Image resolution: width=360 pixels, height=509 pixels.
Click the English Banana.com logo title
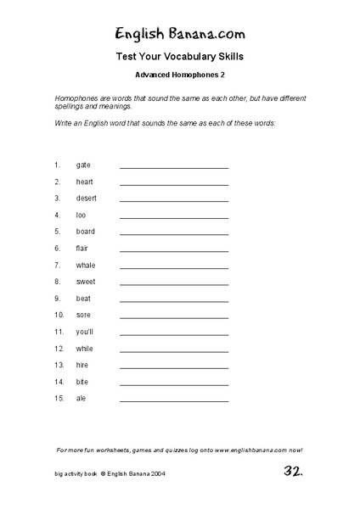pos(180,34)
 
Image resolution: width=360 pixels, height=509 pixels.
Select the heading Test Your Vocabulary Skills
pos(180,59)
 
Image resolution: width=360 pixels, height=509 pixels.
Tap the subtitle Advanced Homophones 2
pos(180,76)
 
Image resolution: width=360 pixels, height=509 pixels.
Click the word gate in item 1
pos(83,165)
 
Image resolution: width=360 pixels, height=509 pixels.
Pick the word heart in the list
pos(84,182)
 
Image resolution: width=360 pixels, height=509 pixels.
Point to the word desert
pos(87,199)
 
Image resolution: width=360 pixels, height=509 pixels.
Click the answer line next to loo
pos(174,218)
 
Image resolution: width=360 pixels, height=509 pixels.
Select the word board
pos(86,232)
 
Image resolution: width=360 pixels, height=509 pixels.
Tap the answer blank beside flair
pos(174,251)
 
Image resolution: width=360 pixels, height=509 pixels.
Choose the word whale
pos(86,265)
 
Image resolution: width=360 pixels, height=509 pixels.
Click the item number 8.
pos(57,282)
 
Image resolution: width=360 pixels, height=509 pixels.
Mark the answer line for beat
pos(174,301)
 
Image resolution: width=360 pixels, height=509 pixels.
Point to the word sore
pos(84,315)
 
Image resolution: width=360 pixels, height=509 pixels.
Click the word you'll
pos(86,332)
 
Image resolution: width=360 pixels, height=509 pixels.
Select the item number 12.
pos(59,349)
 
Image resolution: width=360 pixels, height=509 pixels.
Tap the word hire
pos(82,365)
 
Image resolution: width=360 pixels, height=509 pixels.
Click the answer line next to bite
pos(174,384)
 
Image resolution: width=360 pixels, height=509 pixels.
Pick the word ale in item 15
pos(81,398)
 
